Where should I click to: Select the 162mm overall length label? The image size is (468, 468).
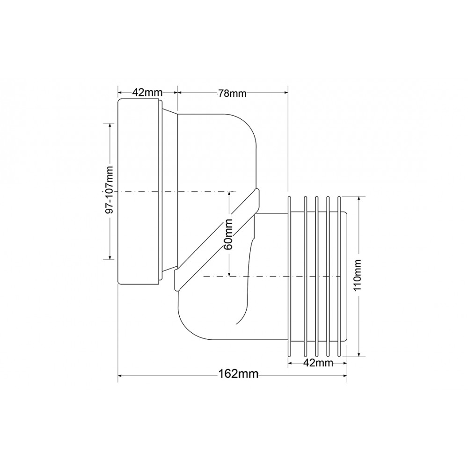(x=238, y=373)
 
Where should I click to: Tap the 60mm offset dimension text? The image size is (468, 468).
(x=229, y=234)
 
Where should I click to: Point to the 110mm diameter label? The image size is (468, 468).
(x=358, y=275)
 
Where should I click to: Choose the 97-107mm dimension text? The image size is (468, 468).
(x=110, y=190)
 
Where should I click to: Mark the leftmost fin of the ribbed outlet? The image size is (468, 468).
(x=289, y=276)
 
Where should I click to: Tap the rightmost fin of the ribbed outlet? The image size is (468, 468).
(x=339, y=276)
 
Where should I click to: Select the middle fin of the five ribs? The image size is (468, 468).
(x=317, y=276)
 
